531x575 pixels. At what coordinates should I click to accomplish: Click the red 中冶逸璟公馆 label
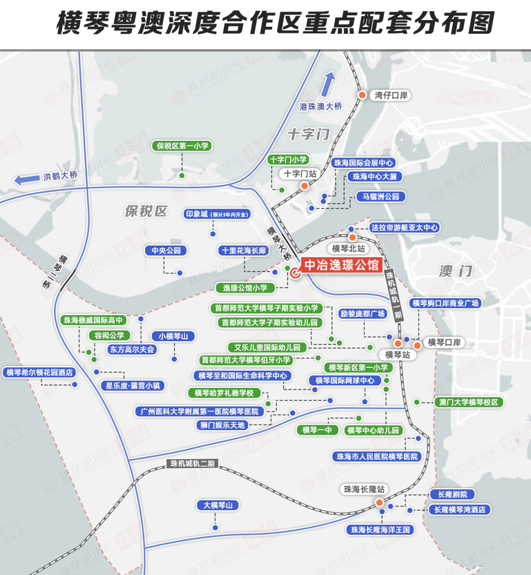coord(342,265)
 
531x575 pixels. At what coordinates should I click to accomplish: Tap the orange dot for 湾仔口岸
coord(362,95)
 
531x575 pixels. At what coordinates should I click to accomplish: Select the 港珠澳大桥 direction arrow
coord(327,83)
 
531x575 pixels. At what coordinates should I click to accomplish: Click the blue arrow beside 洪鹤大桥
coord(27,179)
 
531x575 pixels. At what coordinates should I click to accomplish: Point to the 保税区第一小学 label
coord(182,146)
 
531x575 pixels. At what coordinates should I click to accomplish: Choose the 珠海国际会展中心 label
coord(363,163)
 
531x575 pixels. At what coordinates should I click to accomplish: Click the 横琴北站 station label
coord(349,248)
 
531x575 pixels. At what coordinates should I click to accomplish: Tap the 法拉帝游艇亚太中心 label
coord(404,227)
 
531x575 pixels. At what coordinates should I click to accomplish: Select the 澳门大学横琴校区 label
coord(469,402)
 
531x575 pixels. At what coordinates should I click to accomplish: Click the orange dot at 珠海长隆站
coord(380,502)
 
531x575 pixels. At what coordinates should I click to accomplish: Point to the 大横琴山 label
coord(218,505)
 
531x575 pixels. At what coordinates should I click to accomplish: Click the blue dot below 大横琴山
coord(215,528)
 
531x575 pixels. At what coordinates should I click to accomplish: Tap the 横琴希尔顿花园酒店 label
coord(39,373)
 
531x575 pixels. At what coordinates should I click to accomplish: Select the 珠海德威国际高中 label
coord(93,320)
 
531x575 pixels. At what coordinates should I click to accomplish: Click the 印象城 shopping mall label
coord(217,214)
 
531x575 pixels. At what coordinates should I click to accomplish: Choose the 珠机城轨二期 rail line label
coord(193,464)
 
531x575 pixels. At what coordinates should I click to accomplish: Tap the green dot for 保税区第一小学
coord(181,175)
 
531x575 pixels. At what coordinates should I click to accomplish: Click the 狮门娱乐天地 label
coord(222,425)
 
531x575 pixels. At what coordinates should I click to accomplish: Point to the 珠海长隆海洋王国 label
coord(380,530)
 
